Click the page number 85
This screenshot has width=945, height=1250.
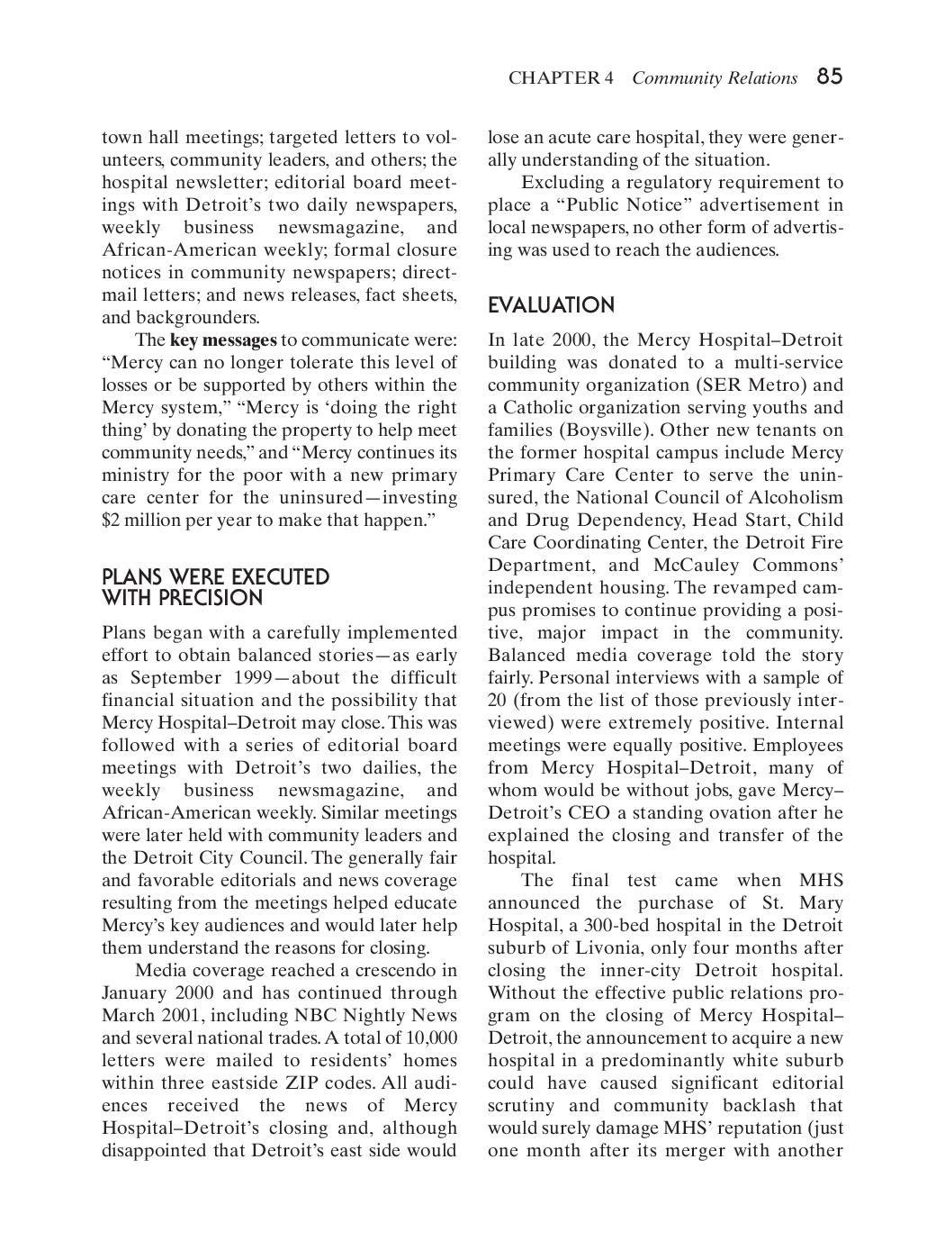point(829,77)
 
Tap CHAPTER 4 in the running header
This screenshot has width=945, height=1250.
point(561,78)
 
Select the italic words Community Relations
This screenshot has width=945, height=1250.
point(715,78)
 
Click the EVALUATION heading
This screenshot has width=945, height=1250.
point(551,306)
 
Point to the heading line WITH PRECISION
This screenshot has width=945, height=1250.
point(182,599)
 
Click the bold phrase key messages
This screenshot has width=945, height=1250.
point(223,340)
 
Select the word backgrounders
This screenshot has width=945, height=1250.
point(197,318)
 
